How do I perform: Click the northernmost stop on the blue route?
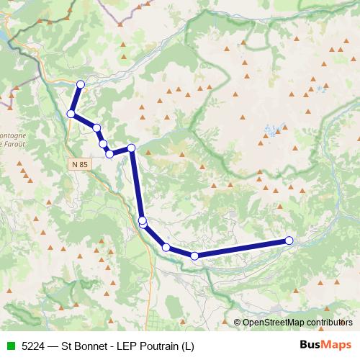coord(80,85)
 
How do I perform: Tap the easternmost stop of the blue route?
coord(289,240)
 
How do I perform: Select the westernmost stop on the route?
coord(71,114)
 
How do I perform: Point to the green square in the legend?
coord(11,346)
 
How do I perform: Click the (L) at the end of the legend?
coord(188,346)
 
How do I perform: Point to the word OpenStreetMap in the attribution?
coord(274,322)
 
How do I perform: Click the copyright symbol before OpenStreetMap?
coord(238,322)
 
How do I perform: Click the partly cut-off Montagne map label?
coord(11,135)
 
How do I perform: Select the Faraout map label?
coord(13,144)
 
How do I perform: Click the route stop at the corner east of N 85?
coord(132,148)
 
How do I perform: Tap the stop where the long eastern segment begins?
coord(194,256)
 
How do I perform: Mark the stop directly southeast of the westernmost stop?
coord(96,127)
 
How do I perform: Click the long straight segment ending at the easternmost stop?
coord(242,248)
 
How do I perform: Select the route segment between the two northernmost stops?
coord(76,99)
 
